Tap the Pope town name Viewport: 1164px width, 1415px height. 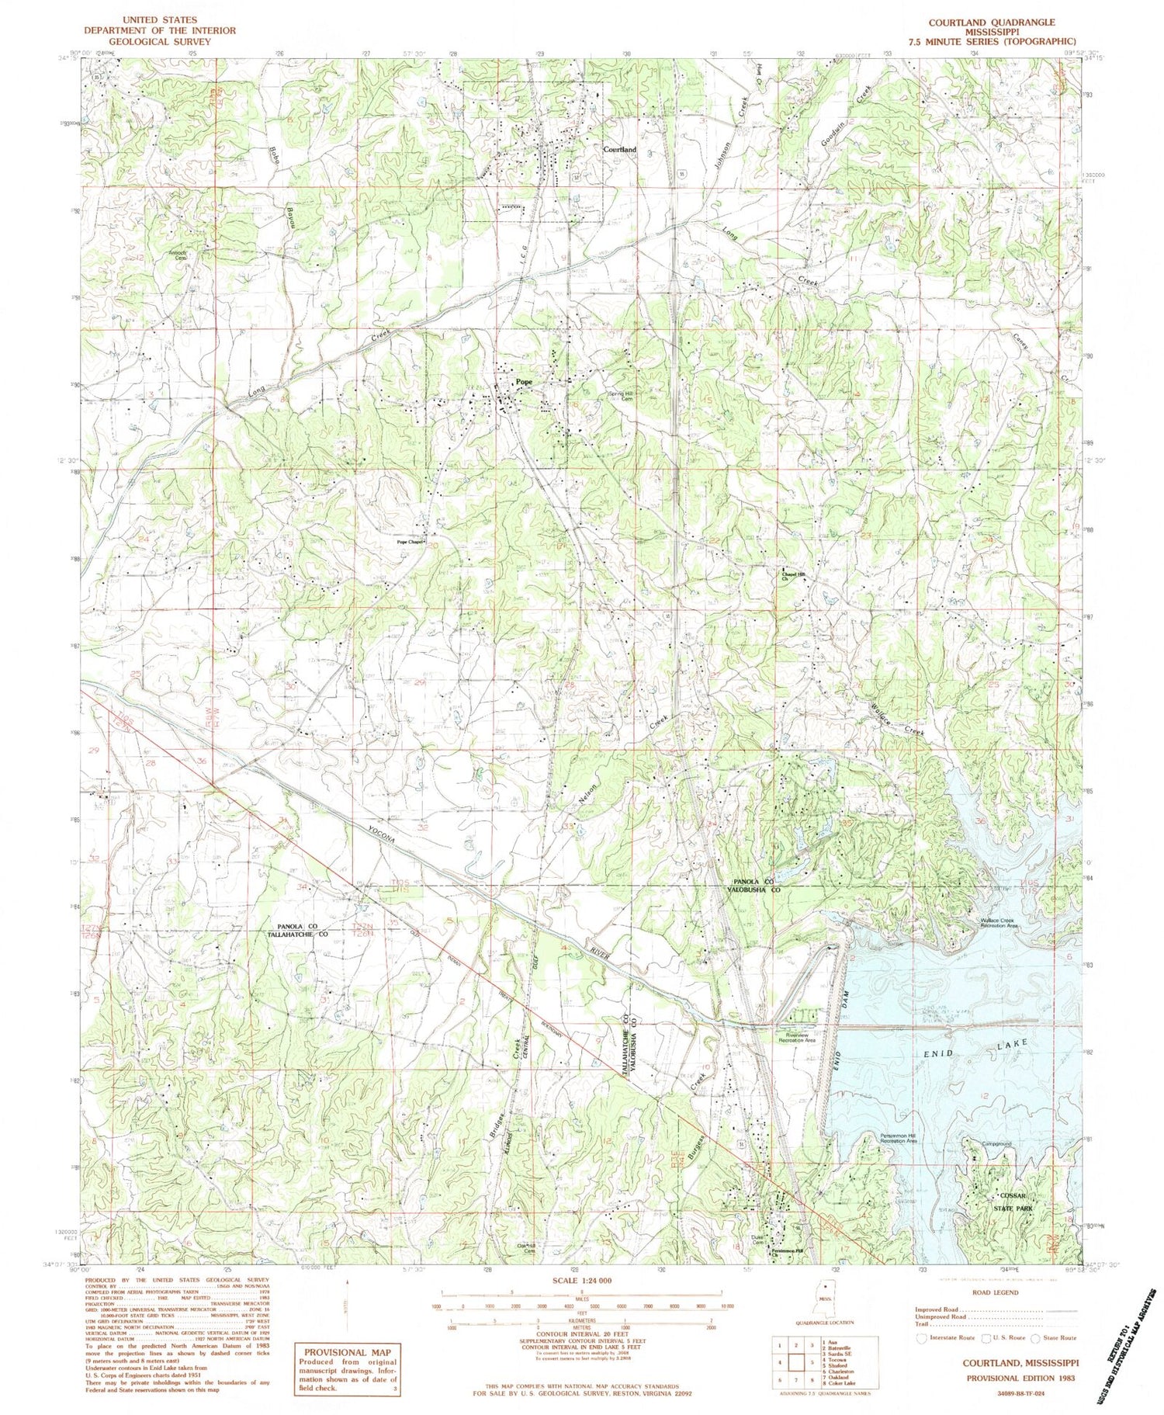(525, 383)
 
